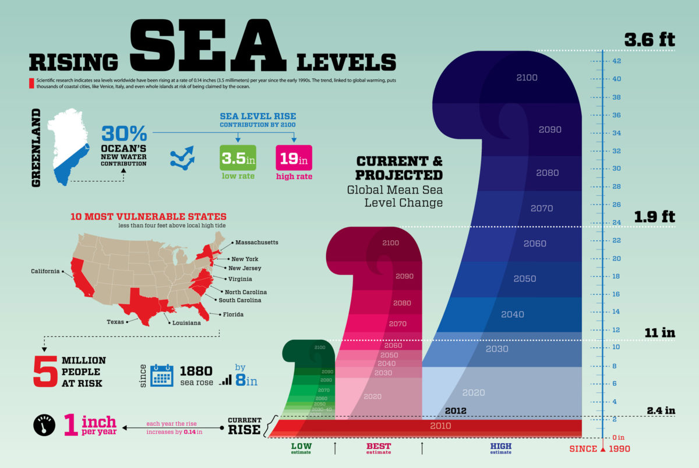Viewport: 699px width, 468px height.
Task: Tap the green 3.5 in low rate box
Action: pyautogui.click(x=238, y=158)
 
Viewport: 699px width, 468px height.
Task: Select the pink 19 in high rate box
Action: pyautogui.click(x=293, y=158)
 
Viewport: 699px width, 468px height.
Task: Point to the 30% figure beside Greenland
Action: pyautogui.click(x=123, y=133)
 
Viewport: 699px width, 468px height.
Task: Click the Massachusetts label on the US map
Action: pyautogui.click(x=257, y=242)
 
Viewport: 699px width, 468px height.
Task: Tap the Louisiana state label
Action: pyautogui.click(x=185, y=322)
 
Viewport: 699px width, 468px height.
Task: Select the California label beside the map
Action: pyautogui.click(x=45, y=271)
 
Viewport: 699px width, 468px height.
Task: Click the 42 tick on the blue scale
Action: pyautogui.click(x=615, y=61)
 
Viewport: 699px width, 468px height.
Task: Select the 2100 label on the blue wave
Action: pyautogui.click(x=527, y=77)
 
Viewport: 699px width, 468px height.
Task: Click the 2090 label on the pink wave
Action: pyautogui.click(x=404, y=276)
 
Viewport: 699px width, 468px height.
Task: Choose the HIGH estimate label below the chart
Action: pyautogui.click(x=500, y=448)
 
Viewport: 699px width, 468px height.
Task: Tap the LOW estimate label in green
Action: pyautogui.click(x=301, y=448)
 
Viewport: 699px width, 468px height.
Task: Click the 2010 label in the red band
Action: pyautogui.click(x=440, y=426)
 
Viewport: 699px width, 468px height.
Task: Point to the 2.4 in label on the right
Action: pyautogui.click(x=661, y=410)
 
